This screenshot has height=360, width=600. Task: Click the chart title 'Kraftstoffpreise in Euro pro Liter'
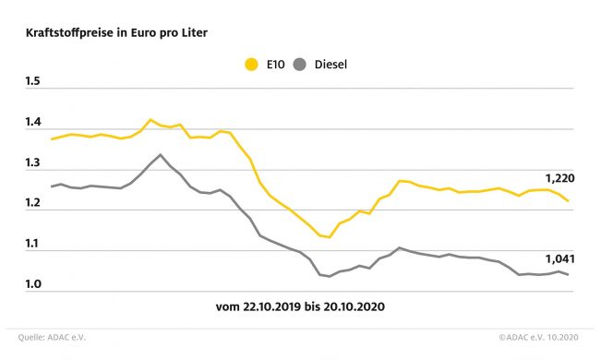[x=116, y=33]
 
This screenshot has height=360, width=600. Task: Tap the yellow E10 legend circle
[x=251, y=65]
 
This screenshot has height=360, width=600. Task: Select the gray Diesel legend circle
[x=300, y=65]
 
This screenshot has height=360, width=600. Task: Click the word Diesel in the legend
[x=330, y=65]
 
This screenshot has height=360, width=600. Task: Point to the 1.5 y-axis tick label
[x=33, y=81]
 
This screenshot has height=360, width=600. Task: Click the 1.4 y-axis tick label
[x=33, y=122]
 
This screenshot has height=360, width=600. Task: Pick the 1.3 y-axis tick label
[x=33, y=162]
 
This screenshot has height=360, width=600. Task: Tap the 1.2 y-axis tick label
[x=33, y=203]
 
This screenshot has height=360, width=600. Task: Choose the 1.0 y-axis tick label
[x=33, y=284]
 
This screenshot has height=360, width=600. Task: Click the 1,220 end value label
[x=559, y=178]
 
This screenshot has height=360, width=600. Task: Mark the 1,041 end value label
[x=559, y=259]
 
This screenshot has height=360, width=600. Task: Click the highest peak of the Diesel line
[x=160, y=154]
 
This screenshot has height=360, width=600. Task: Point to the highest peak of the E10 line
[x=150, y=119]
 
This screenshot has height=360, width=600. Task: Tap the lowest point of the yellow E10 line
[x=330, y=237]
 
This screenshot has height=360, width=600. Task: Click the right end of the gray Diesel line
[x=568, y=275]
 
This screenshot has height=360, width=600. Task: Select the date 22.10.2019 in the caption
[x=271, y=306]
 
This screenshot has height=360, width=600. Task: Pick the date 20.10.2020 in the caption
[x=354, y=306]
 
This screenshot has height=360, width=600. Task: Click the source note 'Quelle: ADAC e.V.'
[x=52, y=338]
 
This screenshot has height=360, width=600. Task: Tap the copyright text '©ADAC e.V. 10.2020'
[x=538, y=338]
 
